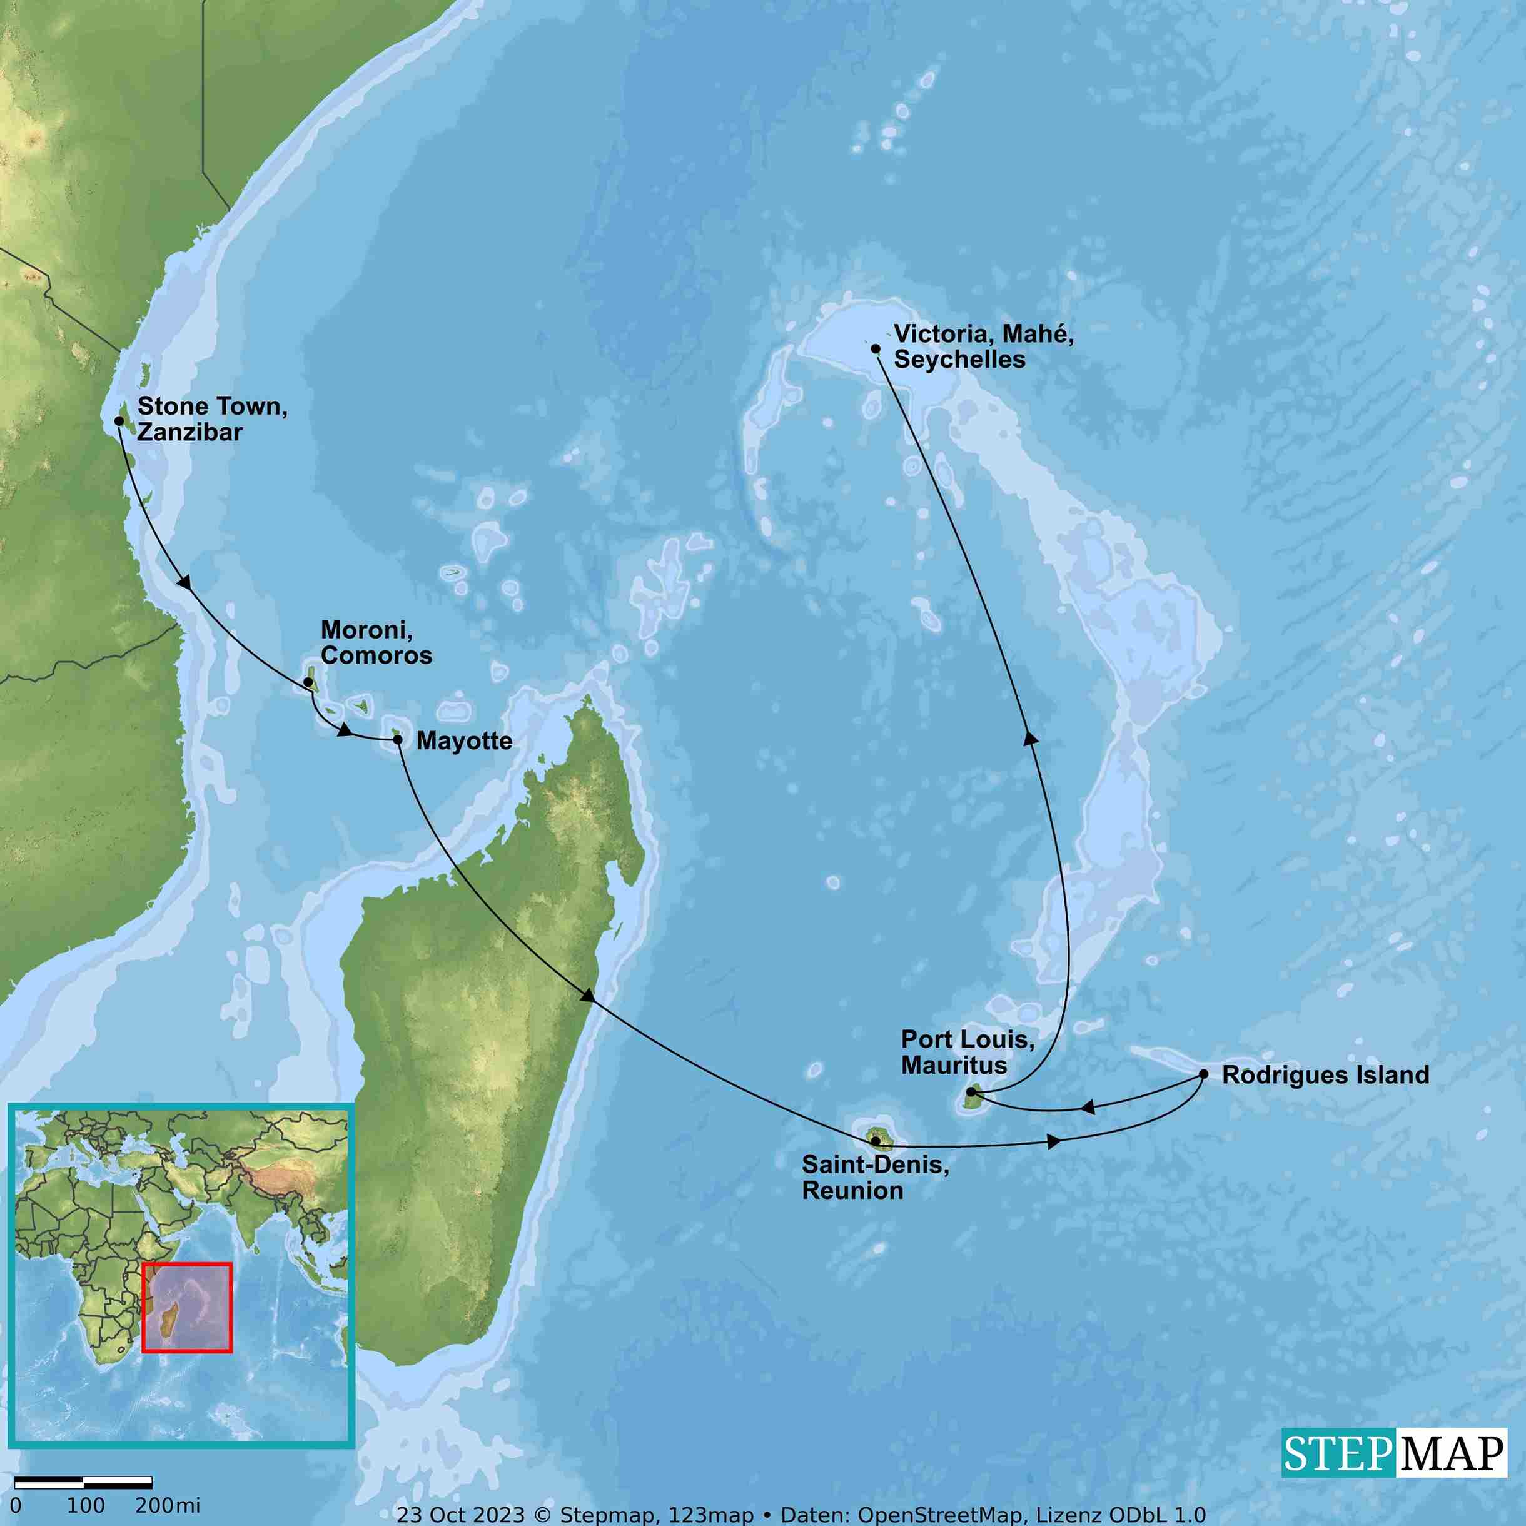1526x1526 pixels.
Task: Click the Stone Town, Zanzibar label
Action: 211,418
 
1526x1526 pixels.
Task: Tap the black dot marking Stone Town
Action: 119,421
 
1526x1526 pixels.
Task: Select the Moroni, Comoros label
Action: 376,642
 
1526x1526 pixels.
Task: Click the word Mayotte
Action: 465,741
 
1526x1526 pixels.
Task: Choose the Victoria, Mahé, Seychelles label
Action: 983,346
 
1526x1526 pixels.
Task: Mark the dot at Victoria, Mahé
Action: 875,348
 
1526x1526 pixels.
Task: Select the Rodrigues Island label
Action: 1325,1075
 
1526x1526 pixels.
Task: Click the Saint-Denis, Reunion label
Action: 875,1177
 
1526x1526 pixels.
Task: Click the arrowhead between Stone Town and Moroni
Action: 185,584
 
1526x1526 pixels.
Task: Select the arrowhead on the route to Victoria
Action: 1030,738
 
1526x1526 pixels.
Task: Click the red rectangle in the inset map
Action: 187,1307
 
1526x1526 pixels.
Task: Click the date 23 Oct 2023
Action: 460,1514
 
